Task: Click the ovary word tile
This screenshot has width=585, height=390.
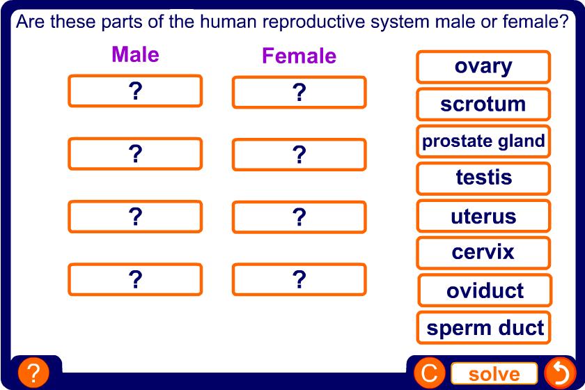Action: [483, 67]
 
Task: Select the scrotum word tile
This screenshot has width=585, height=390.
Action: [483, 104]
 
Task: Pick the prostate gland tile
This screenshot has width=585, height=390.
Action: [483, 141]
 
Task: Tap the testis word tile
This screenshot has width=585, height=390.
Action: [483, 178]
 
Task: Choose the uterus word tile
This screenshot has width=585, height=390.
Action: [483, 216]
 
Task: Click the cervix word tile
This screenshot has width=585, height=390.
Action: [483, 253]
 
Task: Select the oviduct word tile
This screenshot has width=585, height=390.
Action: [485, 290]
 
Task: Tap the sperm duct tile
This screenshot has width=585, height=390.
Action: [483, 328]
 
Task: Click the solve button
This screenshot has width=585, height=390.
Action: [494, 373]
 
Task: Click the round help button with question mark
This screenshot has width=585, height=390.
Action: [33, 373]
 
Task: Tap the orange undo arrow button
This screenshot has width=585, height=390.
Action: [560, 373]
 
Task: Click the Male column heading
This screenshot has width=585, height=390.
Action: [135, 54]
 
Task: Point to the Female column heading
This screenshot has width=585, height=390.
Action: [299, 56]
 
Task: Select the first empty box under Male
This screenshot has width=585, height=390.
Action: [135, 91]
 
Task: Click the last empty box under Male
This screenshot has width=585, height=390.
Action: [135, 279]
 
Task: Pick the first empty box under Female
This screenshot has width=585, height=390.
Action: [299, 92]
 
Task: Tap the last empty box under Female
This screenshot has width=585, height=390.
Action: [299, 279]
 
